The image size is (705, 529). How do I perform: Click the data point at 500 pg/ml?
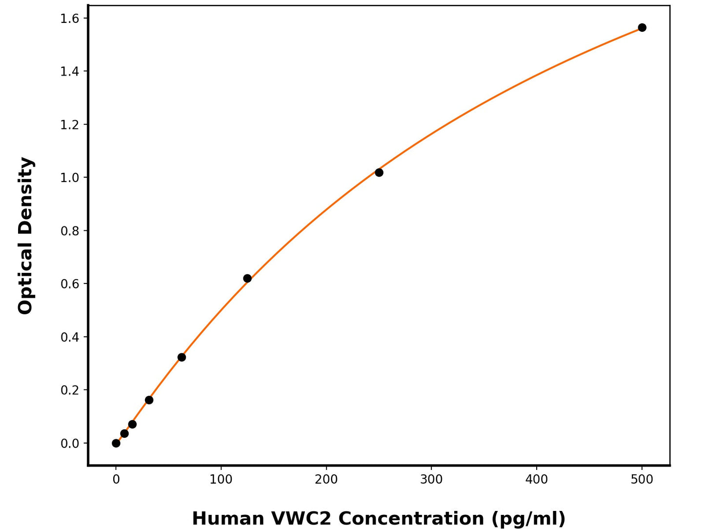(642, 27)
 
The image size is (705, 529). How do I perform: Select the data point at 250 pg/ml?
(379, 172)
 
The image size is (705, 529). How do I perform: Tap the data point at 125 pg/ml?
(247, 278)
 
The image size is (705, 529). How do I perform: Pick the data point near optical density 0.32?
(181, 357)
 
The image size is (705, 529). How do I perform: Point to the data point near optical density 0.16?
(149, 400)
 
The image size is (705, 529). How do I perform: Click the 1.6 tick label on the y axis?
(70, 19)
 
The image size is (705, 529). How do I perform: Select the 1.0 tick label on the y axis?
(70, 178)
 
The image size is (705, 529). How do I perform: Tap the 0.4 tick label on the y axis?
(70, 337)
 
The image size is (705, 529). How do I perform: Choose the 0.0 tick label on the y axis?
(70, 444)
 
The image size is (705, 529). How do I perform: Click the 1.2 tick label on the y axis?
(70, 125)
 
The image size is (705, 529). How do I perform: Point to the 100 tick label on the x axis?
(221, 480)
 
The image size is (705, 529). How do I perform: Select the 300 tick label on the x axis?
(431, 480)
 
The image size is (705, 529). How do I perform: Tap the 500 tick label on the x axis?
(642, 480)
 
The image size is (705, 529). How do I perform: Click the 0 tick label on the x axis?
(116, 480)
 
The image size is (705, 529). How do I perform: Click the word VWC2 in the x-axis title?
(301, 518)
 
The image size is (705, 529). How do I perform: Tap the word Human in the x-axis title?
(227, 518)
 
